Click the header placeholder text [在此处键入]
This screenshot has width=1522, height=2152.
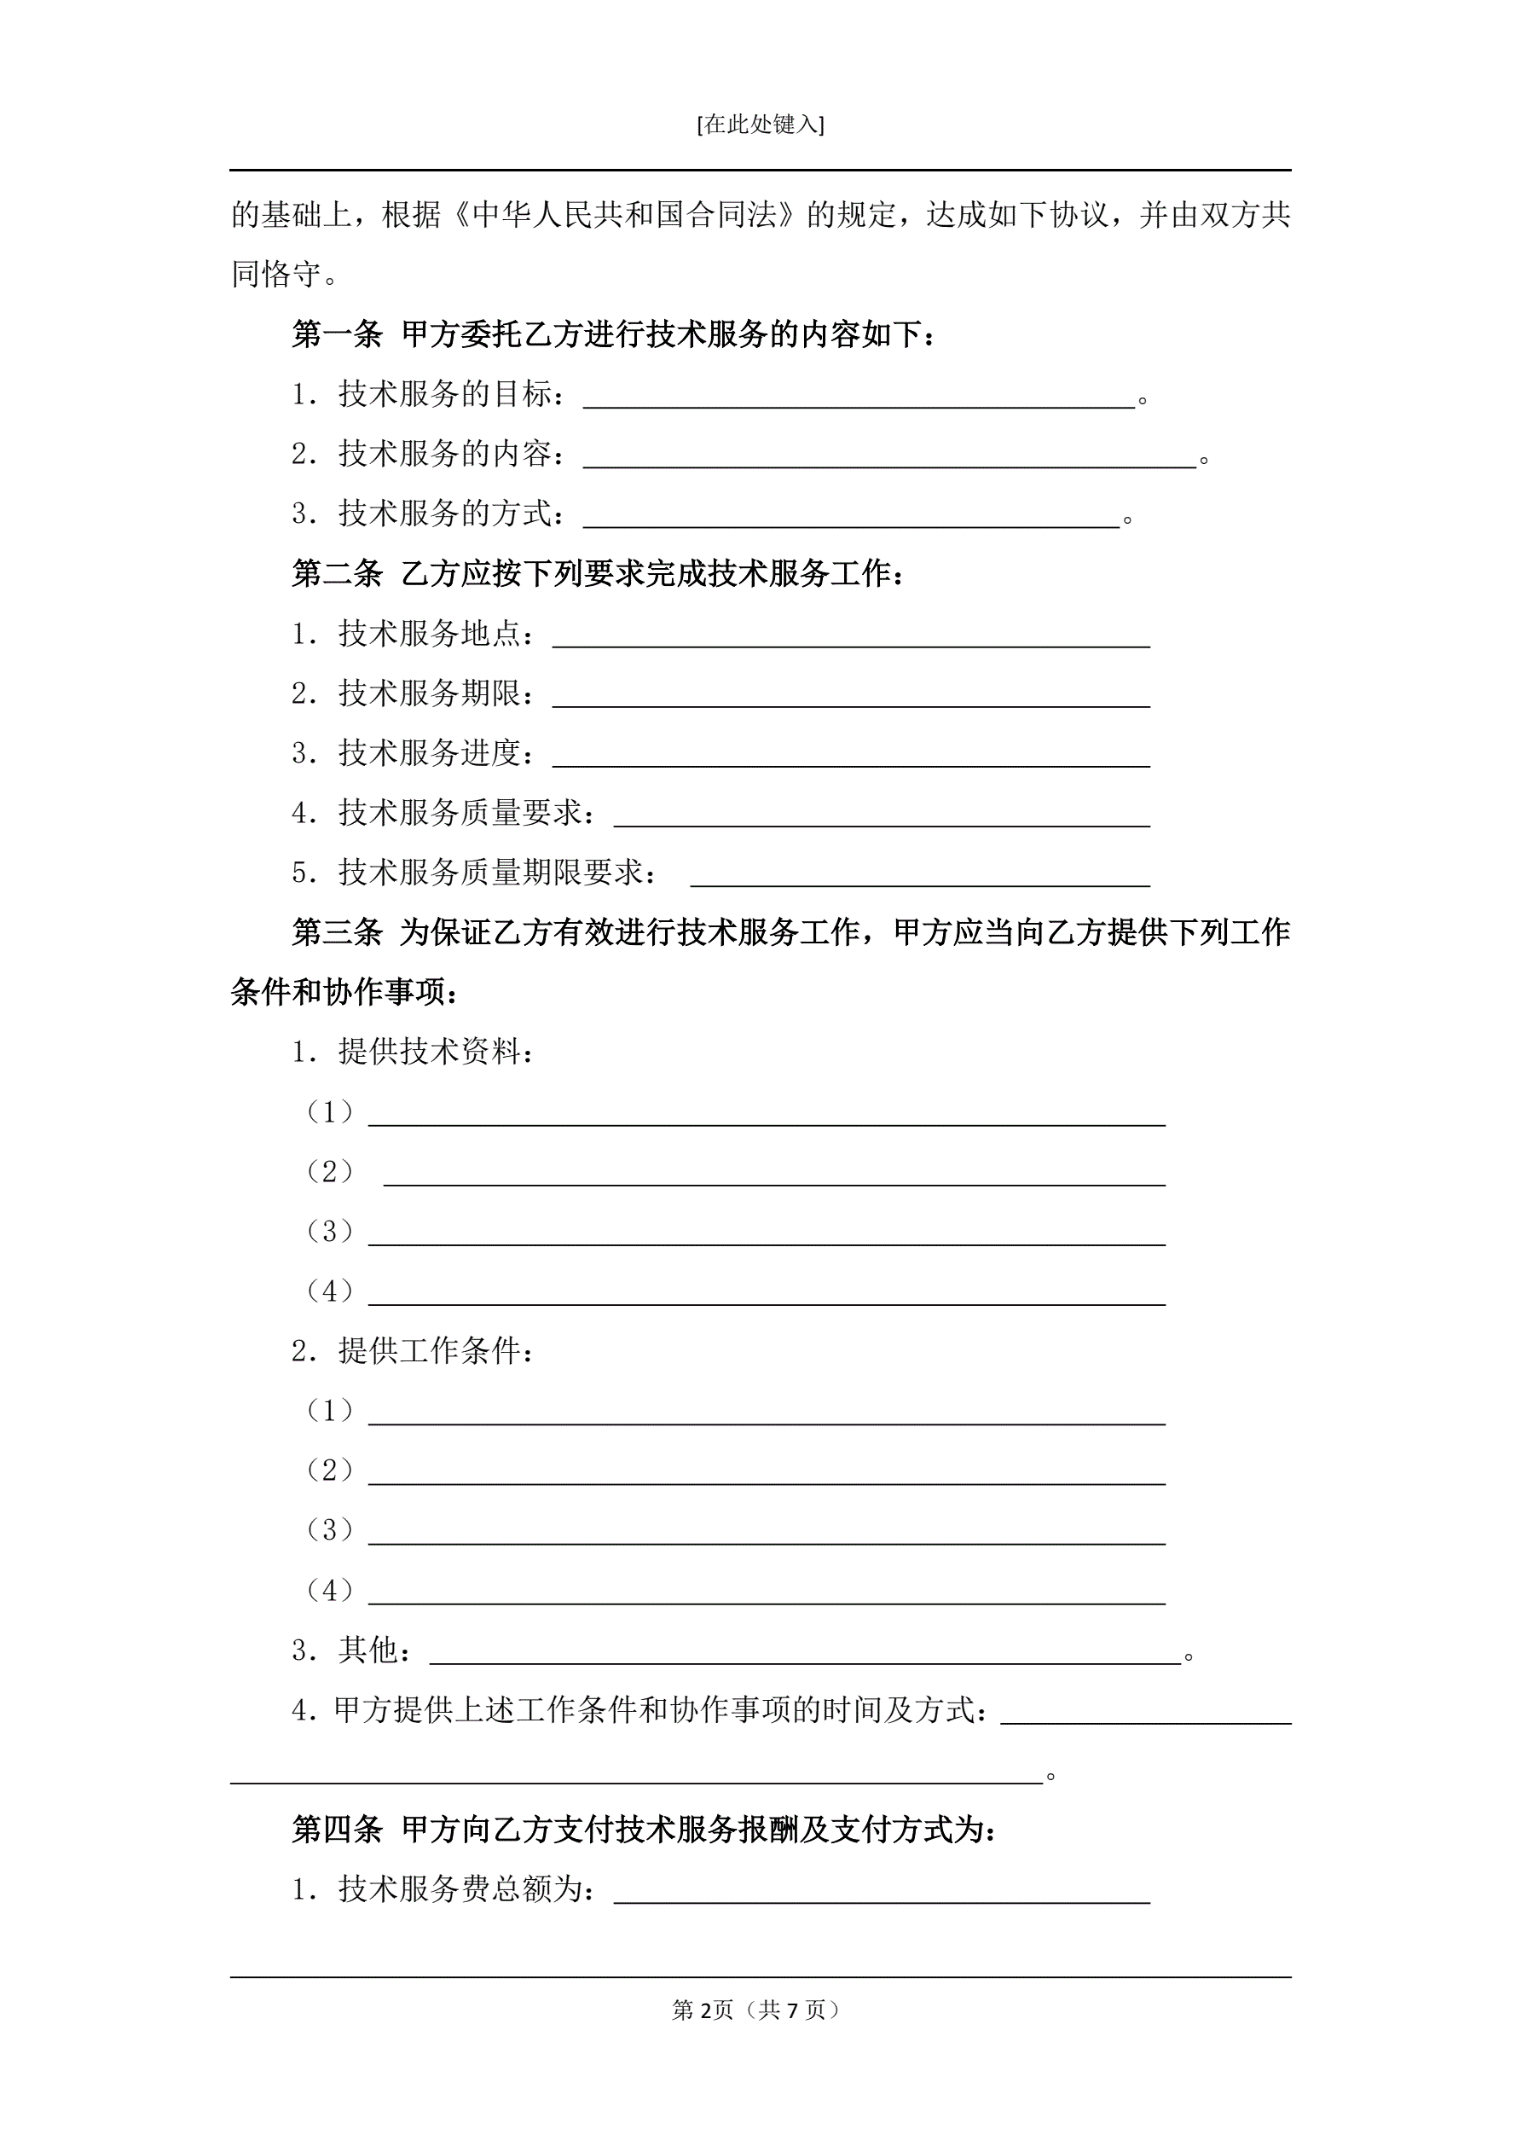[x=760, y=125]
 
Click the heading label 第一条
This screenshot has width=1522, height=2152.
[x=337, y=334]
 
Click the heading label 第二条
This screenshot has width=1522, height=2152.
[x=337, y=574]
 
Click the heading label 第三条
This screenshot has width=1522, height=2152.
[x=337, y=932]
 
